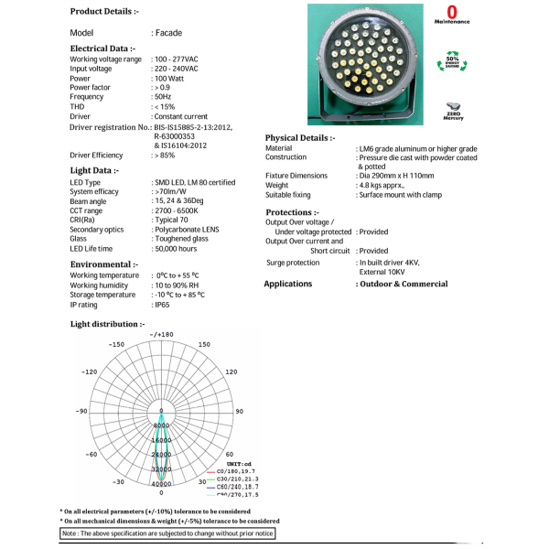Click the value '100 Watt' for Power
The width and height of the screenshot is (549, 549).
click(170, 78)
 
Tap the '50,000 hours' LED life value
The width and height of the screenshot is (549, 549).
click(176, 248)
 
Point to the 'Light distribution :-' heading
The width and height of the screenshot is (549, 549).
click(107, 324)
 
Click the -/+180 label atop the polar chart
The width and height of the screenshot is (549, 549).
click(161, 334)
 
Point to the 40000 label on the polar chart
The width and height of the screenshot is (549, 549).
click(162, 483)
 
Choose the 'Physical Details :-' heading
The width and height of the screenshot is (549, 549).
click(298, 137)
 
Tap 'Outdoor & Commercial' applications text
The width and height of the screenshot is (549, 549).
click(402, 284)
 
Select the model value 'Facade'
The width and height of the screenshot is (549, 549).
click(167, 32)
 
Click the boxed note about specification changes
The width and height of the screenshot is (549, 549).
click(167, 533)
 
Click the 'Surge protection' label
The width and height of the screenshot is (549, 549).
click(293, 262)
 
